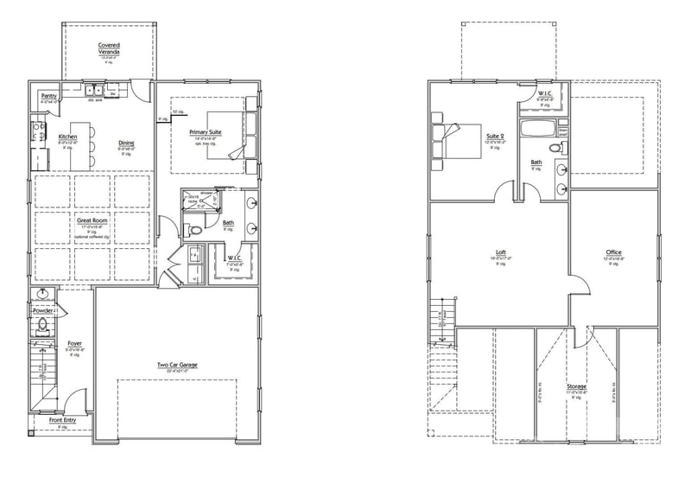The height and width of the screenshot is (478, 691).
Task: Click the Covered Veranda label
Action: [x=109, y=48]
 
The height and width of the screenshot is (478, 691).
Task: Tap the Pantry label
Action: [x=48, y=95]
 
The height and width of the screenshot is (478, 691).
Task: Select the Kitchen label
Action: [x=68, y=137]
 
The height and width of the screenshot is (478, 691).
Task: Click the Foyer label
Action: [x=75, y=343]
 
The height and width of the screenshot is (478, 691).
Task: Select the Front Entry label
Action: [x=61, y=420]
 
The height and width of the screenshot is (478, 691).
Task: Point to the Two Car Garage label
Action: [x=177, y=365]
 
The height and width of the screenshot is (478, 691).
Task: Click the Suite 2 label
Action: [x=495, y=136]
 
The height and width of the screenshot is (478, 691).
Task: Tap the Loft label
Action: [x=501, y=252]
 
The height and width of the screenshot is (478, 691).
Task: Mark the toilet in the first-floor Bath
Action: [x=195, y=230]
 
